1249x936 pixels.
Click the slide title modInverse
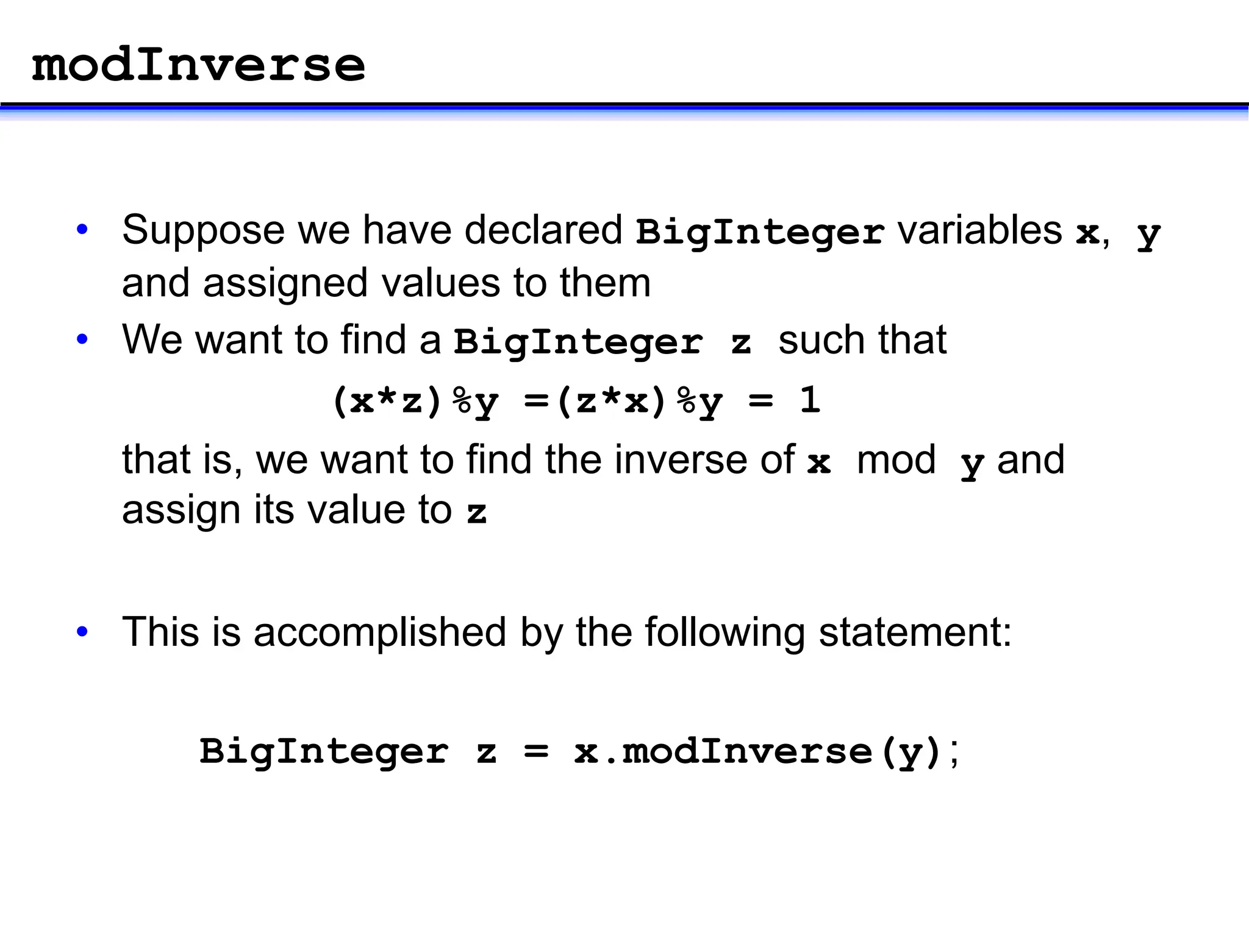click(198, 65)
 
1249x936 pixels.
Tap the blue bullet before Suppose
click(82, 230)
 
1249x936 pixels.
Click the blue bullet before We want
click(82, 339)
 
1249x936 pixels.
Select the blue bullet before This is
click(82, 632)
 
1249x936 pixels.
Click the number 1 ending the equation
click(810, 401)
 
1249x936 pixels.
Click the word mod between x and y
click(896, 461)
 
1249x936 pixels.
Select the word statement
click(915, 633)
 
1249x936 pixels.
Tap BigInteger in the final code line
click(324, 752)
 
